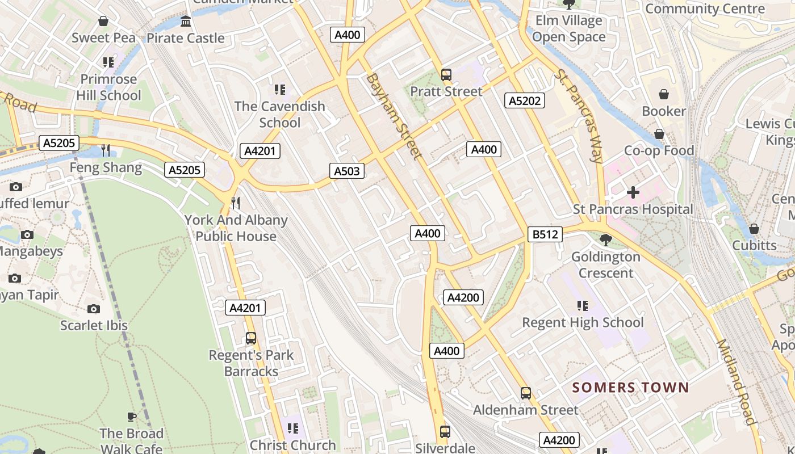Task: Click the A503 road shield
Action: click(347, 171)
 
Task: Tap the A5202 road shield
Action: click(525, 101)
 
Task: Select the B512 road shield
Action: click(545, 234)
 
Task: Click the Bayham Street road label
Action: click(395, 116)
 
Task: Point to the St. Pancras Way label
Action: click(579, 116)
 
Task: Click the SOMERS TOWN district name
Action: click(630, 388)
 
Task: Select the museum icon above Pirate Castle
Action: click(186, 22)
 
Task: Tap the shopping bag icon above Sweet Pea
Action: click(103, 22)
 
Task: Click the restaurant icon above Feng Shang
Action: click(106, 150)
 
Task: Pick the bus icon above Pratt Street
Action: click(446, 74)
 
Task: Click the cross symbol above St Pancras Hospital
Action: click(633, 192)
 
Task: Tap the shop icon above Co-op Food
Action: click(659, 134)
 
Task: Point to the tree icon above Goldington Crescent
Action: click(605, 240)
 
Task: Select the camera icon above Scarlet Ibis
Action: click(94, 309)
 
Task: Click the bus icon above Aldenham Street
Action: click(526, 393)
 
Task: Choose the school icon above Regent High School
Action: click(583, 306)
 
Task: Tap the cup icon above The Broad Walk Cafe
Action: click(132, 417)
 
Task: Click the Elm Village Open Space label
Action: click(568, 29)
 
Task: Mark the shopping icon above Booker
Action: click(663, 94)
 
